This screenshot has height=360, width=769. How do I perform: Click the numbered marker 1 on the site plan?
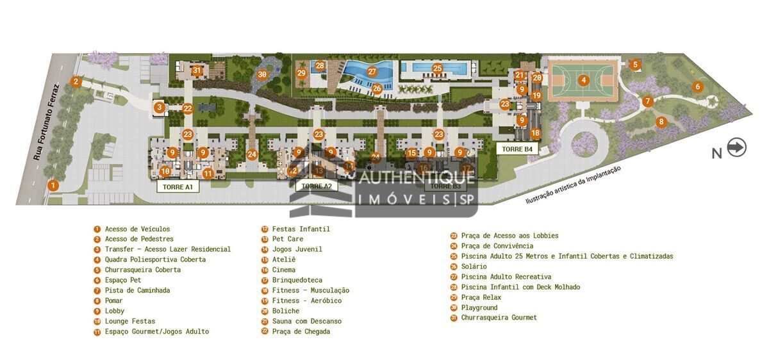[54, 185]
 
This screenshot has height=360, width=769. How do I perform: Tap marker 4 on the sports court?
[583, 81]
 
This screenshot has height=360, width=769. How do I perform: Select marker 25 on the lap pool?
[438, 69]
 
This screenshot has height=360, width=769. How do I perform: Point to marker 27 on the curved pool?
[372, 72]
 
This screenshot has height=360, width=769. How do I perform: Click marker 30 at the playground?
[262, 75]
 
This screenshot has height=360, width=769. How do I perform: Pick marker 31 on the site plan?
[197, 71]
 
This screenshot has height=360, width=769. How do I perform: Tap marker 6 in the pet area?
[698, 86]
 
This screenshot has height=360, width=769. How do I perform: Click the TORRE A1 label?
[178, 186]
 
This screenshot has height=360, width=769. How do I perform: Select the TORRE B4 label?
[517, 149]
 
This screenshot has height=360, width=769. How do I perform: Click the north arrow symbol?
[737, 148]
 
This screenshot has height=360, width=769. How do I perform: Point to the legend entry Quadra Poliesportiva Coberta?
[155, 259]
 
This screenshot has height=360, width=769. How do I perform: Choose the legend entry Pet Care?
[287, 239]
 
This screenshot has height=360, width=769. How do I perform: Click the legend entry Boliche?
[285, 311]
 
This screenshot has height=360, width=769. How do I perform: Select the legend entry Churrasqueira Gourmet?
[499, 318]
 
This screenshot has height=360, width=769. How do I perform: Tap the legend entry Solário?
[474, 266]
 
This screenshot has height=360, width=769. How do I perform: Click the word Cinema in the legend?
[283, 270]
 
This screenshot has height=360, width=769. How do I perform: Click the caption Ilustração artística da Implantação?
[573, 185]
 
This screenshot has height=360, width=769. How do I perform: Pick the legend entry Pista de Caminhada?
[137, 290]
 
